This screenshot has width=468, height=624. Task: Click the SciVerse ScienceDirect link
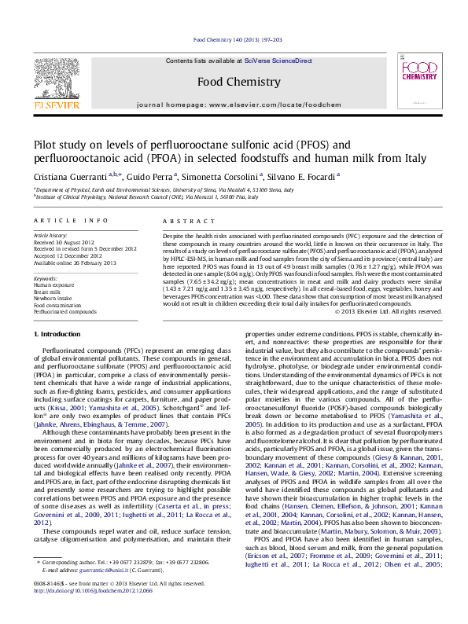click(x=278, y=61)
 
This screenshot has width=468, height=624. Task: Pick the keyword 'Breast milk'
click(x=47, y=292)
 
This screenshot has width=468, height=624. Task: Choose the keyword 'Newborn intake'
click(x=50, y=298)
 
